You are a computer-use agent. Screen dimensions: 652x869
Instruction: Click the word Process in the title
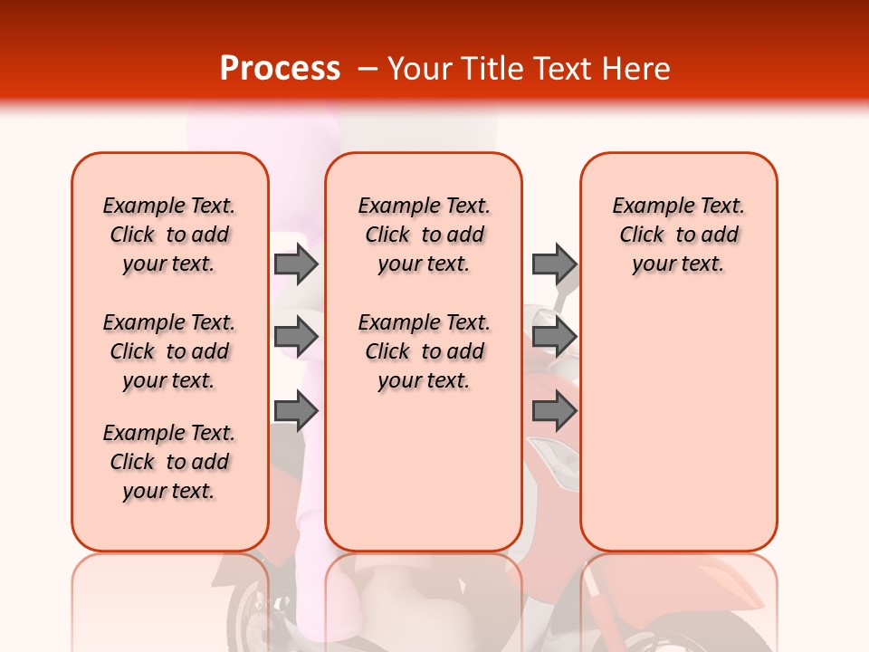coord(280,68)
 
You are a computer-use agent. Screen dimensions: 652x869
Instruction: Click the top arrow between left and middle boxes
coord(296,264)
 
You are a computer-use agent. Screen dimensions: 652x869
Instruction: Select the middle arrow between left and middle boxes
coord(296,337)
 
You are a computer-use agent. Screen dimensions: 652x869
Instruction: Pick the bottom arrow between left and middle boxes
coord(296,412)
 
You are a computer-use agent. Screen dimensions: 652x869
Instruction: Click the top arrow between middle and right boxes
coord(554,264)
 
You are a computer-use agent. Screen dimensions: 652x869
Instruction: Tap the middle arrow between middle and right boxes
coord(554,337)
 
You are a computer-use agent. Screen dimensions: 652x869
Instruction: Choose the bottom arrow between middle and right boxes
coord(554,412)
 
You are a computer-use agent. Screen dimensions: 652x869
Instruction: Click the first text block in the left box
coord(169,235)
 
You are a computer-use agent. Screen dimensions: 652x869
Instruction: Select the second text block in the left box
coord(169,351)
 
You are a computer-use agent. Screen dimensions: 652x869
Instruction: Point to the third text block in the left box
coord(169,462)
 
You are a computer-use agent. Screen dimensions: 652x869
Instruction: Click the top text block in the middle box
coord(424,235)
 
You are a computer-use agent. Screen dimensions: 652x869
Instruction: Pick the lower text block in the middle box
coord(424,351)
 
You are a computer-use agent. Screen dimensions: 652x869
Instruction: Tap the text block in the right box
coord(678,235)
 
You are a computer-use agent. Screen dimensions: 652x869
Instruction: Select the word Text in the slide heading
coord(566,68)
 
